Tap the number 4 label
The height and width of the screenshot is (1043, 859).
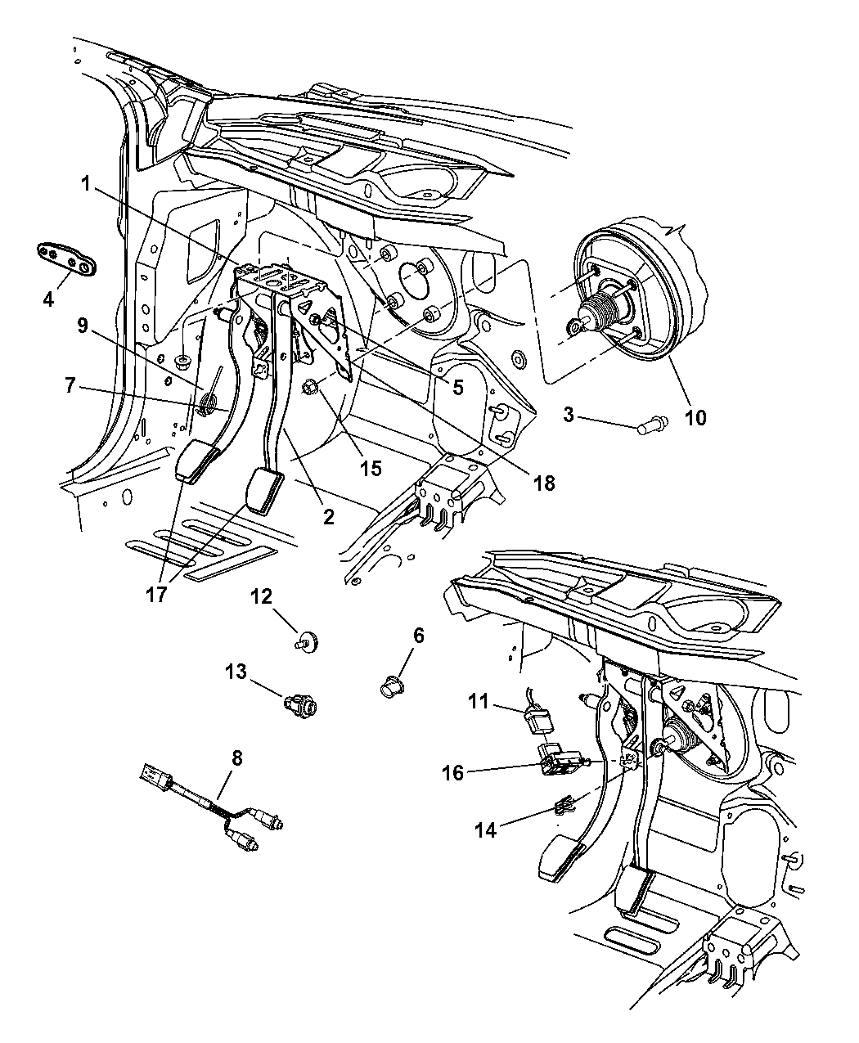(48, 299)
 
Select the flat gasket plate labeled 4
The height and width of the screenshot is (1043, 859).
(66, 259)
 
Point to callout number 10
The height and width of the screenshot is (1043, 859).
(695, 418)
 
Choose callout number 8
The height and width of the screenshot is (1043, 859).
(236, 758)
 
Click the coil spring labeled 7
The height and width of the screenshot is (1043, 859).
(208, 402)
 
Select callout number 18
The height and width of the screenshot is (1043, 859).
(543, 483)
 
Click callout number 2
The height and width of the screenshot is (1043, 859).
(328, 517)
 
